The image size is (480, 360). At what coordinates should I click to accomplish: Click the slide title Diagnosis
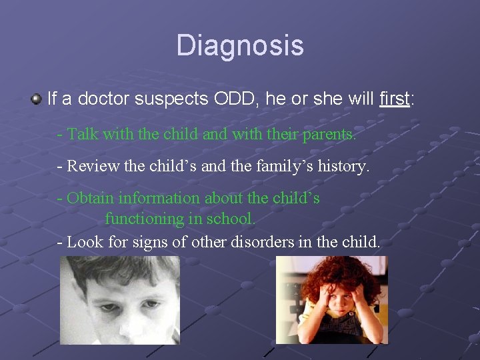point(240,46)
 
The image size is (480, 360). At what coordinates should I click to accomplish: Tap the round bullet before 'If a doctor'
point(37,99)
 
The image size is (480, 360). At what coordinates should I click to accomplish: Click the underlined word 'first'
point(394,99)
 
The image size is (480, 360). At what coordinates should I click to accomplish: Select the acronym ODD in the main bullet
point(234,99)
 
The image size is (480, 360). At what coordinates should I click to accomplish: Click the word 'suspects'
point(171,100)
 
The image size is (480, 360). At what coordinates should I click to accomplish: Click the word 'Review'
point(93,166)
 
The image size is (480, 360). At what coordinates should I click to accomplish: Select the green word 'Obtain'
point(90,198)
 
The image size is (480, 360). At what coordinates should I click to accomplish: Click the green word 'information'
point(159,198)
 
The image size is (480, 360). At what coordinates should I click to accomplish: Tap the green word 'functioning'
point(145,219)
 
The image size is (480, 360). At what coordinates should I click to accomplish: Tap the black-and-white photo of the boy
point(120,300)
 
